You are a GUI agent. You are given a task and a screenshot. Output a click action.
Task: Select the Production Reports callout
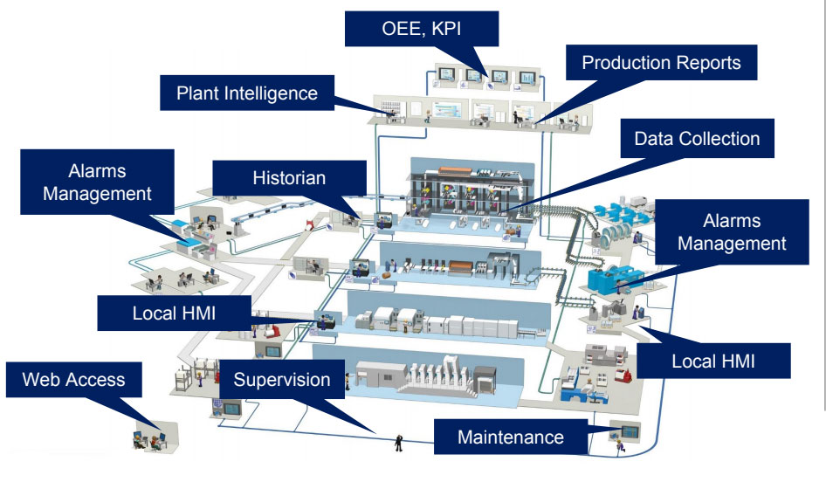click(x=660, y=63)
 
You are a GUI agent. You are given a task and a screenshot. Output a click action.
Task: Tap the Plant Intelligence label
click(x=247, y=93)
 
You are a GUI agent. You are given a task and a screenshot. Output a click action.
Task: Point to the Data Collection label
click(x=696, y=139)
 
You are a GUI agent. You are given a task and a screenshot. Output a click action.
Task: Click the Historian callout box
click(x=289, y=178)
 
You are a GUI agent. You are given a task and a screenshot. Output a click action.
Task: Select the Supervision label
click(x=281, y=380)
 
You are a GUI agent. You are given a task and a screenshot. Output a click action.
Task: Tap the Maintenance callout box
click(x=511, y=437)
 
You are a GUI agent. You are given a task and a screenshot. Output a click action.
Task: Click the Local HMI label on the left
click(x=173, y=312)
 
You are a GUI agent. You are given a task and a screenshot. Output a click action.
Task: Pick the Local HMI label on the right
click(x=712, y=360)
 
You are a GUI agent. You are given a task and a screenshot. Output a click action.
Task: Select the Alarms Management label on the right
click(x=731, y=231)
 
